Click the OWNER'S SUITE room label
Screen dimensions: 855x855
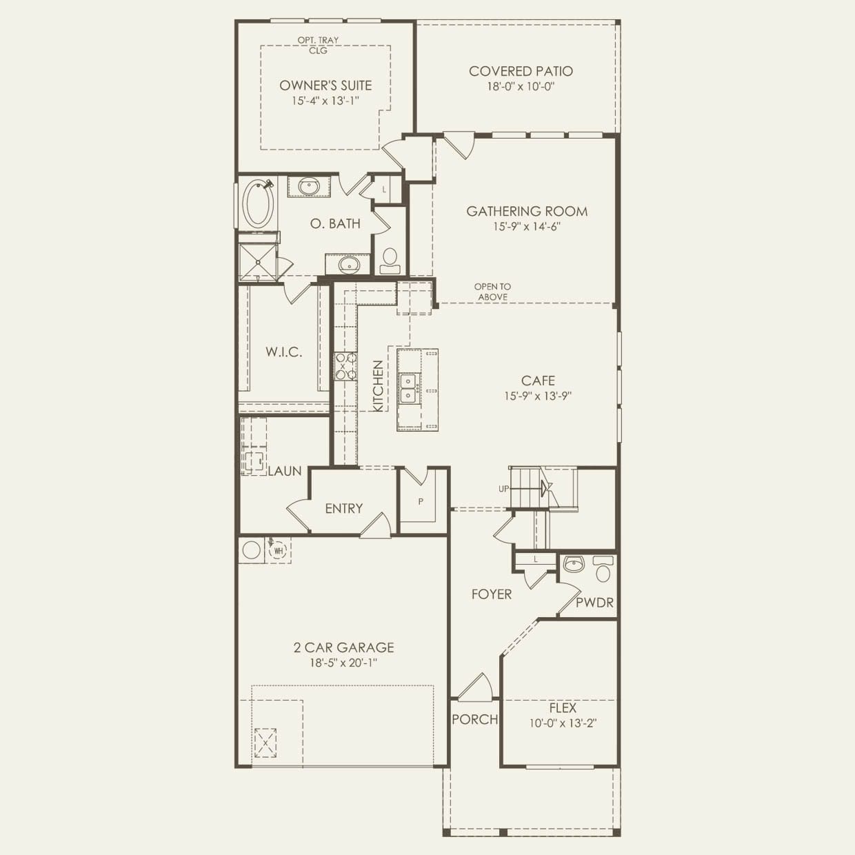(x=325, y=85)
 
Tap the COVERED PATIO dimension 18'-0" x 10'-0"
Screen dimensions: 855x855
(x=521, y=86)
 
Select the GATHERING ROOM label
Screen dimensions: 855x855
(x=527, y=211)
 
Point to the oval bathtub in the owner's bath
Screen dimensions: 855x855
(x=257, y=203)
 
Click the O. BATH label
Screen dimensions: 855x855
(x=335, y=223)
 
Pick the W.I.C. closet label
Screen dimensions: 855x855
(x=283, y=352)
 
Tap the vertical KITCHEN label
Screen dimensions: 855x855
(x=378, y=386)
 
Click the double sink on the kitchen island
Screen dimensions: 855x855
(x=408, y=388)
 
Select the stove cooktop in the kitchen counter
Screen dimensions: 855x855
(x=345, y=366)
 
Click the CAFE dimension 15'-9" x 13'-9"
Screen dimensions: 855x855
(x=538, y=396)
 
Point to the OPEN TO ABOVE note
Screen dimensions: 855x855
(x=492, y=292)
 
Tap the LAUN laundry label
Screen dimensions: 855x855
(x=285, y=471)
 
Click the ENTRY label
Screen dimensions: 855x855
(x=343, y=508)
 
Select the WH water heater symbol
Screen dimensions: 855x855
(x=279, y=550)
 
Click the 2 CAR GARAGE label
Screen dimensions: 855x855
(x=343, y=647)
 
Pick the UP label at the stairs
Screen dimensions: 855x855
(x=503, y=489)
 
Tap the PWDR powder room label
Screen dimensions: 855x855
(x=594, y=603)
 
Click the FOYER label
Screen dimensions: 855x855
(x=492, y=594)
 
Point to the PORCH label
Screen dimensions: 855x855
(x=474, y=719)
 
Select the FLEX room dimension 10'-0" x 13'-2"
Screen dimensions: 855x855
(x=563, y=723)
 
